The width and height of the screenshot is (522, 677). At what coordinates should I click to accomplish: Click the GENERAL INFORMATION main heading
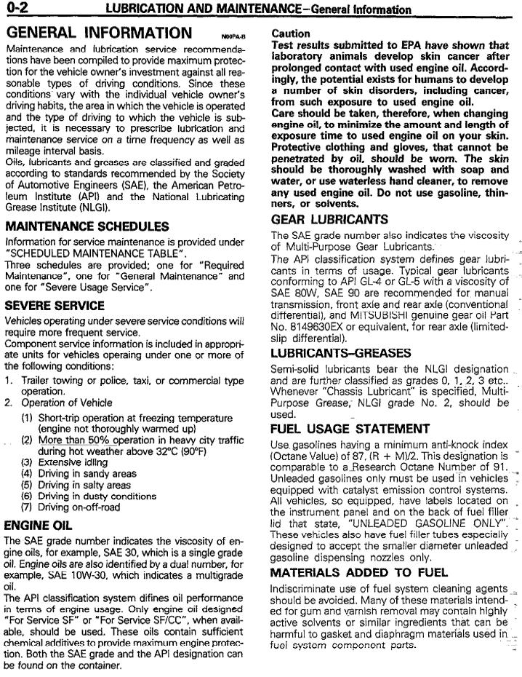(98, 33)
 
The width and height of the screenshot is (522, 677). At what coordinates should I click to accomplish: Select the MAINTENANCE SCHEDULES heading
(87, 226)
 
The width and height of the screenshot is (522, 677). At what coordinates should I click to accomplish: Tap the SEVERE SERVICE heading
(55, 306)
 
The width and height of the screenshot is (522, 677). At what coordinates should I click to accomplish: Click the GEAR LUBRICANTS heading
(329, 219)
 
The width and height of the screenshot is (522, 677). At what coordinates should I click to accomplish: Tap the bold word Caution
(290, 33)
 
